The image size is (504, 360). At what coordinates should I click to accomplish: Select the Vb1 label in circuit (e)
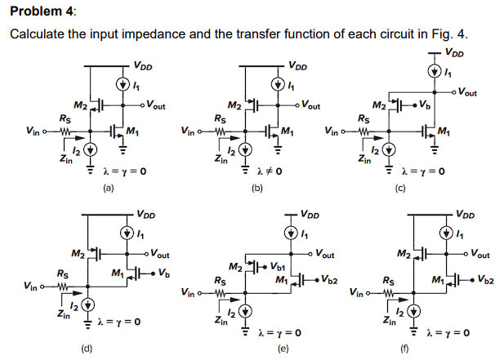pyautogui.click(x=277, y=265)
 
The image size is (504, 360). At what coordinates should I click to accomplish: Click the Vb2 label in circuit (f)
pyautogui.click(x=485, y=282)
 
